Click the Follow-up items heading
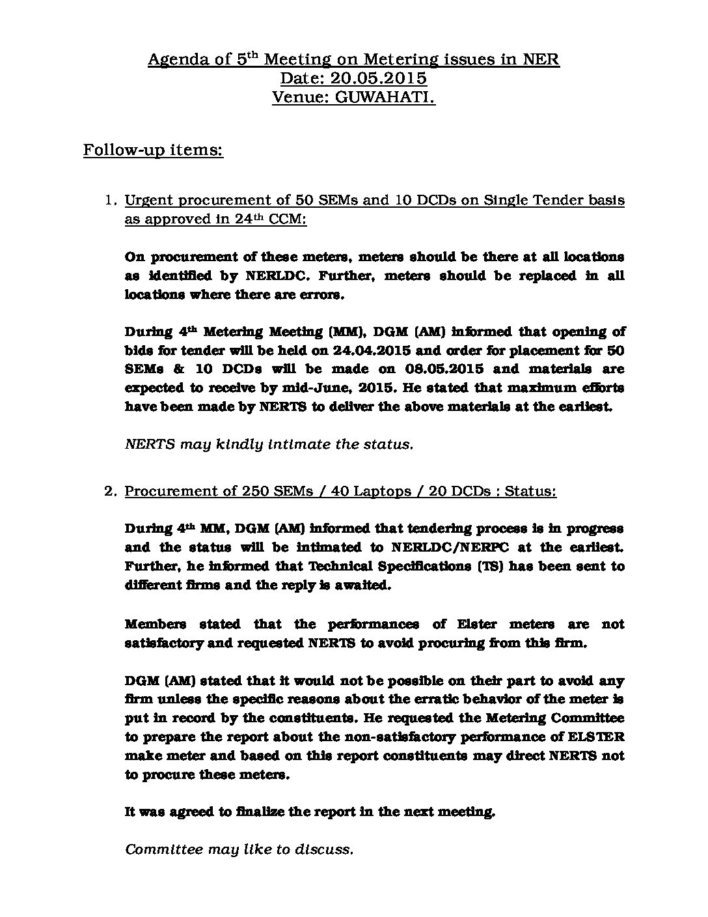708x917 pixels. [153, 150]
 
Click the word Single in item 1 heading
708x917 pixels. [511, 201]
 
